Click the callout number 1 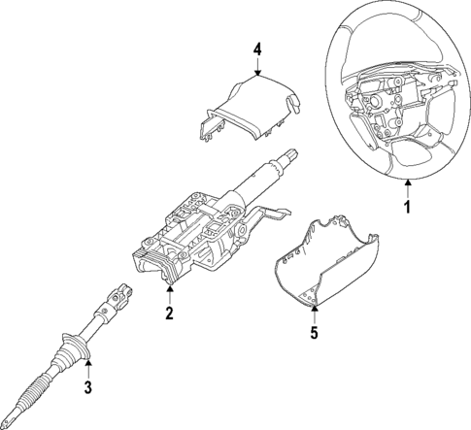pos(408,207)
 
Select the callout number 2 pos(169,313)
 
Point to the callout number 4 pos(257,48)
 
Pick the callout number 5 pos(315,332)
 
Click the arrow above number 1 pos(408,187)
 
